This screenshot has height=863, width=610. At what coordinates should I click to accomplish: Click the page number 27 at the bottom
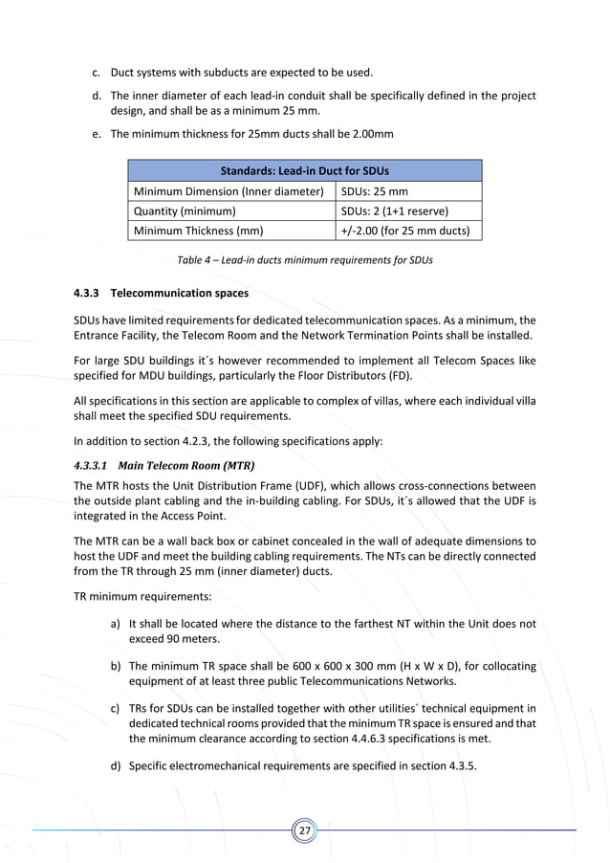coord(305,830)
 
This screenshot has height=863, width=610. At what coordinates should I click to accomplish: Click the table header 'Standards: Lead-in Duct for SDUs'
coord(305,171)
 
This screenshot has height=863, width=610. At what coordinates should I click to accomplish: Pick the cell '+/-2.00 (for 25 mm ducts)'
coord(406,231)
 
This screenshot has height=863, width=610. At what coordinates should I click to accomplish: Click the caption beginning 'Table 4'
coord(305,260)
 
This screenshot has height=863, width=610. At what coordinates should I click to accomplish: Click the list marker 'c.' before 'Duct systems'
coord(97,72)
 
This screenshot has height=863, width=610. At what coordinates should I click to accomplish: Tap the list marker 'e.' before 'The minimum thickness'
coord(97,134)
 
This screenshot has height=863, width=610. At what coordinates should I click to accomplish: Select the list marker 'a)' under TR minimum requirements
coord(115,624)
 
